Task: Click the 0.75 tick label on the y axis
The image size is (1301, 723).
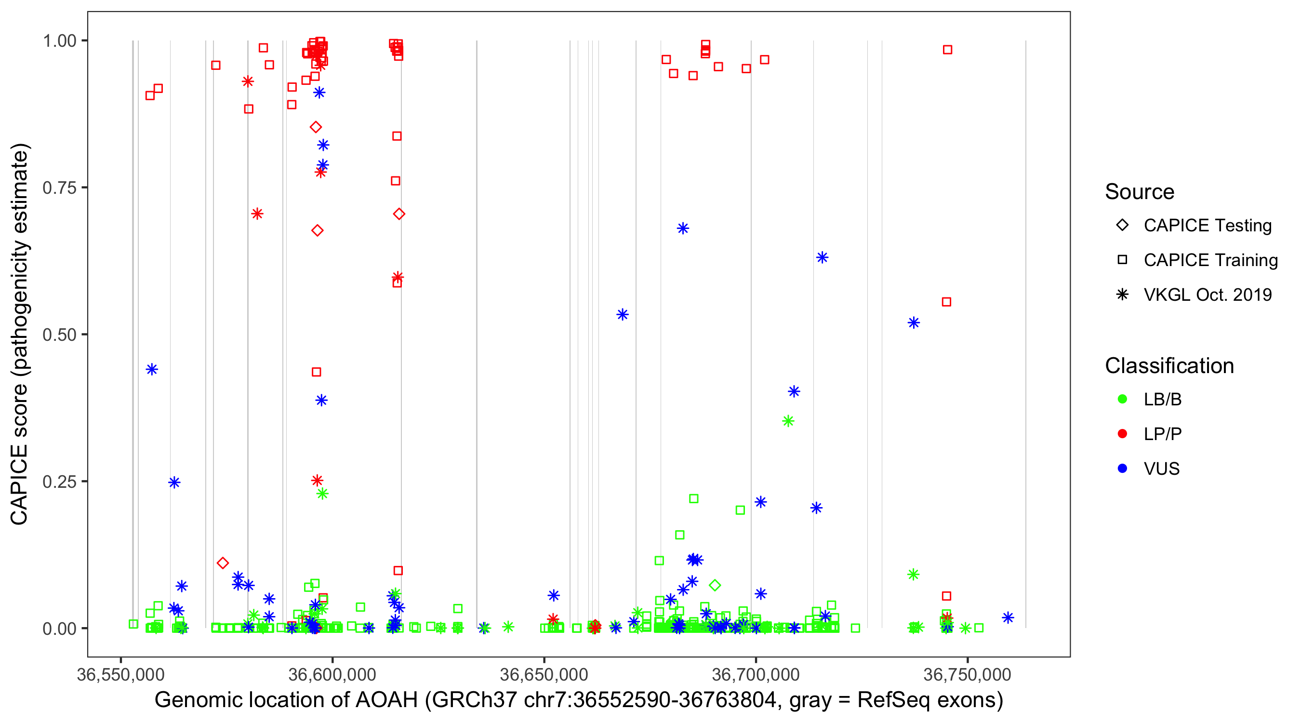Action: (59, 187)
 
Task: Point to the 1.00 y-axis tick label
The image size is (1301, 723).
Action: (59, 40)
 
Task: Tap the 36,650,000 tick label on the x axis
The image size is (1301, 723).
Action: (544, 674)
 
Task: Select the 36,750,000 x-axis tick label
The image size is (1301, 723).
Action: (967, 674)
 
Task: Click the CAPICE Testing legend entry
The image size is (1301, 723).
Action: (1207, 226)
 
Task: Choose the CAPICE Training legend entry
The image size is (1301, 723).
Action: (1210, 260)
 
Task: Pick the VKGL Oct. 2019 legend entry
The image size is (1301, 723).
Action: (1207, 295)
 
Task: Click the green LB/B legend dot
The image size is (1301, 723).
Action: (1123, 399)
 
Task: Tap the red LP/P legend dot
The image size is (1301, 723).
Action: (1123, 434)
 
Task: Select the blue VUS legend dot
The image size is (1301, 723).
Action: (1123, 469)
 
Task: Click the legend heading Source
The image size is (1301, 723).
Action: (1140, 192)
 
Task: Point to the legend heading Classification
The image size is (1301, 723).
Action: (1169, 366)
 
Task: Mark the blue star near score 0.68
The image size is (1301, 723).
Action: (683, 228)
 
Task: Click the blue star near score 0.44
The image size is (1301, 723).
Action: (152, 369)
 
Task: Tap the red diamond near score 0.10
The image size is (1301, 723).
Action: (223, 563)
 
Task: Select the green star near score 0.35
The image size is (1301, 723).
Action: (788, 421)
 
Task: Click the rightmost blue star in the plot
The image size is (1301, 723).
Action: (1008, 617)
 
